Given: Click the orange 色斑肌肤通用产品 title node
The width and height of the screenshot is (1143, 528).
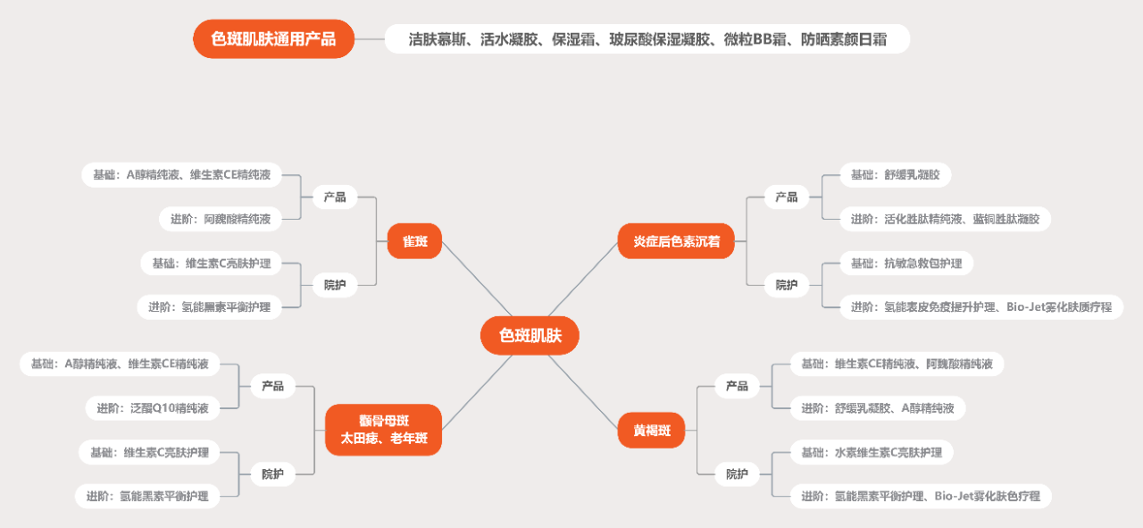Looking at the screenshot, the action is (x=273, y=38).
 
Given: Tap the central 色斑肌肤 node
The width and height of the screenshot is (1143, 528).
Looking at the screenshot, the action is (x=530, y=336).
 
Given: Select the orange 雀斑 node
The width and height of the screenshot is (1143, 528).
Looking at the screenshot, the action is (x=414, y=241).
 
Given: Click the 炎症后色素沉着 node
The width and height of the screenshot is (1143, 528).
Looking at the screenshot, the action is (x=676, y=241).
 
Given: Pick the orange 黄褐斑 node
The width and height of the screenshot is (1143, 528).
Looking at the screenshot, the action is (x=652, y=431).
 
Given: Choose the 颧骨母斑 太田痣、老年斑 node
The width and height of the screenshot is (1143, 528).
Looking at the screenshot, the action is (x=384, y=430).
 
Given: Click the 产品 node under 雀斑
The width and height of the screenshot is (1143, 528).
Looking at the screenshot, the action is (x=335, y=197).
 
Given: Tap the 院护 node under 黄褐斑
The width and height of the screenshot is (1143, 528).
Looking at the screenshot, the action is (x=737, y=474).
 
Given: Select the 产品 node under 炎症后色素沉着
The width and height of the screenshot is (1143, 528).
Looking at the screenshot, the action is (x=787, y=197).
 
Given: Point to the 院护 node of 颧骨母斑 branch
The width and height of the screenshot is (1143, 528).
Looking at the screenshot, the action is (x=272, y=474).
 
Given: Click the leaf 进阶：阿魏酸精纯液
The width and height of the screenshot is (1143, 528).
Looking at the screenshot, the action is (x=221, y=219).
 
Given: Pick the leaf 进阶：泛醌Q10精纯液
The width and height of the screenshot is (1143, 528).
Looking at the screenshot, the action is (x=153, y=408).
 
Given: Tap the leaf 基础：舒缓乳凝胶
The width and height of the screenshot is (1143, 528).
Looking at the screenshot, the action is (x=896, y=175).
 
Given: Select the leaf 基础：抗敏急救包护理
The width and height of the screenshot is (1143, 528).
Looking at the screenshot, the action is (x=906, y=264).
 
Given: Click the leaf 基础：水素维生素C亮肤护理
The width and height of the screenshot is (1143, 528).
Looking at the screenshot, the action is (x=872, y=452).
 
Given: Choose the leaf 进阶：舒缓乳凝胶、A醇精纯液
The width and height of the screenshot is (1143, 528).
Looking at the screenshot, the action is (x=878, y=408).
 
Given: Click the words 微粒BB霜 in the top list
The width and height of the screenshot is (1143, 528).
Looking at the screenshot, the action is (x=755, y=39).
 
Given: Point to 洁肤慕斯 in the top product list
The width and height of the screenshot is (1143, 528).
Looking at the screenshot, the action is (x=437, y=39).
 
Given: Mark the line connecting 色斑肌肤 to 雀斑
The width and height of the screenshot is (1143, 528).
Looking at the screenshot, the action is (x=477, y=279).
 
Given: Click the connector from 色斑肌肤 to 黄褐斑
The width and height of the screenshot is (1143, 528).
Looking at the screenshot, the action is (x=583, y=392).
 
